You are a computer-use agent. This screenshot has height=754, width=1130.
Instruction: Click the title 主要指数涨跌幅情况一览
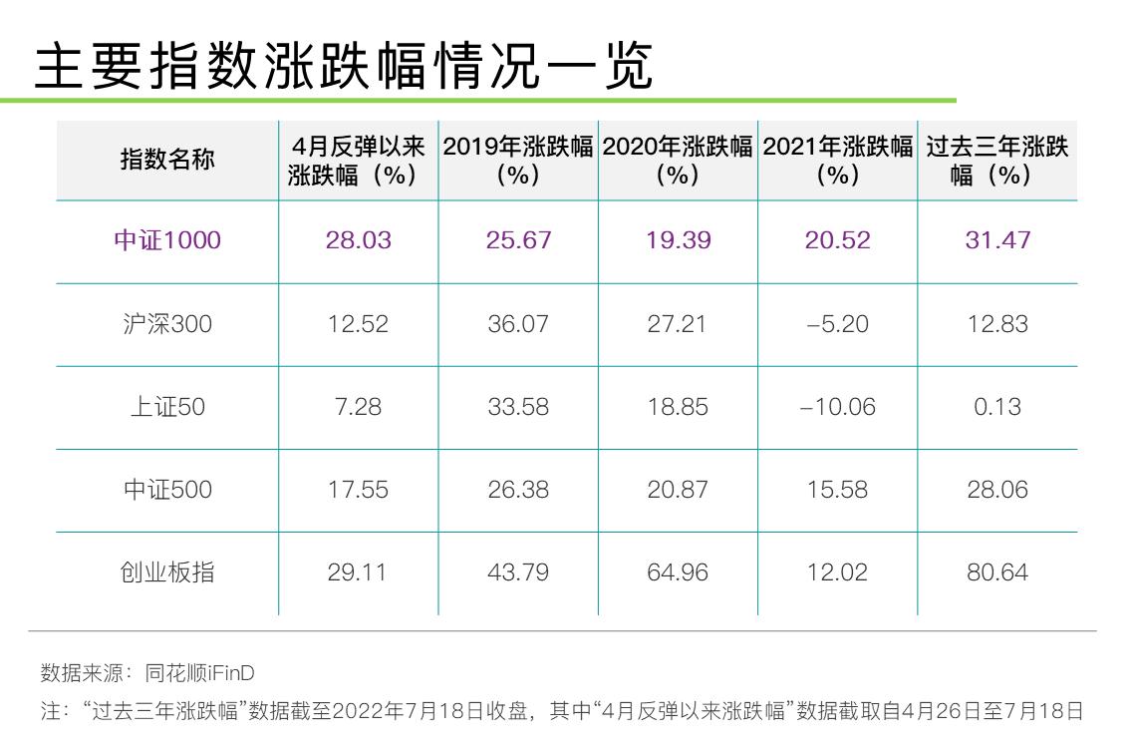tap(344, 68)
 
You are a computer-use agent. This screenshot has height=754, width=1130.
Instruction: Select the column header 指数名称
tap(167, 160)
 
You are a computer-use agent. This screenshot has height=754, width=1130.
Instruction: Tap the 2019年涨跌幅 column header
tap(518, 160)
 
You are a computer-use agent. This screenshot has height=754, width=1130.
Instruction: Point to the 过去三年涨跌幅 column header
tap(996, 160)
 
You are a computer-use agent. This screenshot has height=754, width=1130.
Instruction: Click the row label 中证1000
tap(167, 240)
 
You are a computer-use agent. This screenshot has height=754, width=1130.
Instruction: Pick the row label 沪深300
tap(167, 324)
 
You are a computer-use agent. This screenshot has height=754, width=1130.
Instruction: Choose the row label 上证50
tap(167, 407)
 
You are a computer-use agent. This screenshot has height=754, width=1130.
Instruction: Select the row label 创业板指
tap(167, 572)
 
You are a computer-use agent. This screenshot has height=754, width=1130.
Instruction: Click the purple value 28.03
tap(358, 240)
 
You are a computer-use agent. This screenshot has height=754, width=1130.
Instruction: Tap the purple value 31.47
tap(996, 240)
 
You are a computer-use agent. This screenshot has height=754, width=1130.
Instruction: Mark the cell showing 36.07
tap(518, 324)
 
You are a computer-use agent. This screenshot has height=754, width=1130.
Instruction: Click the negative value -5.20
tap(837, 324)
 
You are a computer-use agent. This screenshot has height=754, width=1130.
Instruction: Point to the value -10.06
tap(837, 407)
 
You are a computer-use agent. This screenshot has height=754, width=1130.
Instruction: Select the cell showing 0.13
tap(996, 407)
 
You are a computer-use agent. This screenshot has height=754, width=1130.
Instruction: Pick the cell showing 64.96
tap(678, 572)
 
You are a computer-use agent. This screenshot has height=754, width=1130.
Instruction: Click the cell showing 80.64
tap(996, 572)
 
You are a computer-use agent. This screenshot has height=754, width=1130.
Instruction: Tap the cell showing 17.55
tap(358, 490)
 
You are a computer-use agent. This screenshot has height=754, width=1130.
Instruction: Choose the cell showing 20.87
tap(678, 490)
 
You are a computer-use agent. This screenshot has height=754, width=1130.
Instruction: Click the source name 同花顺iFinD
tap(199, 673)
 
